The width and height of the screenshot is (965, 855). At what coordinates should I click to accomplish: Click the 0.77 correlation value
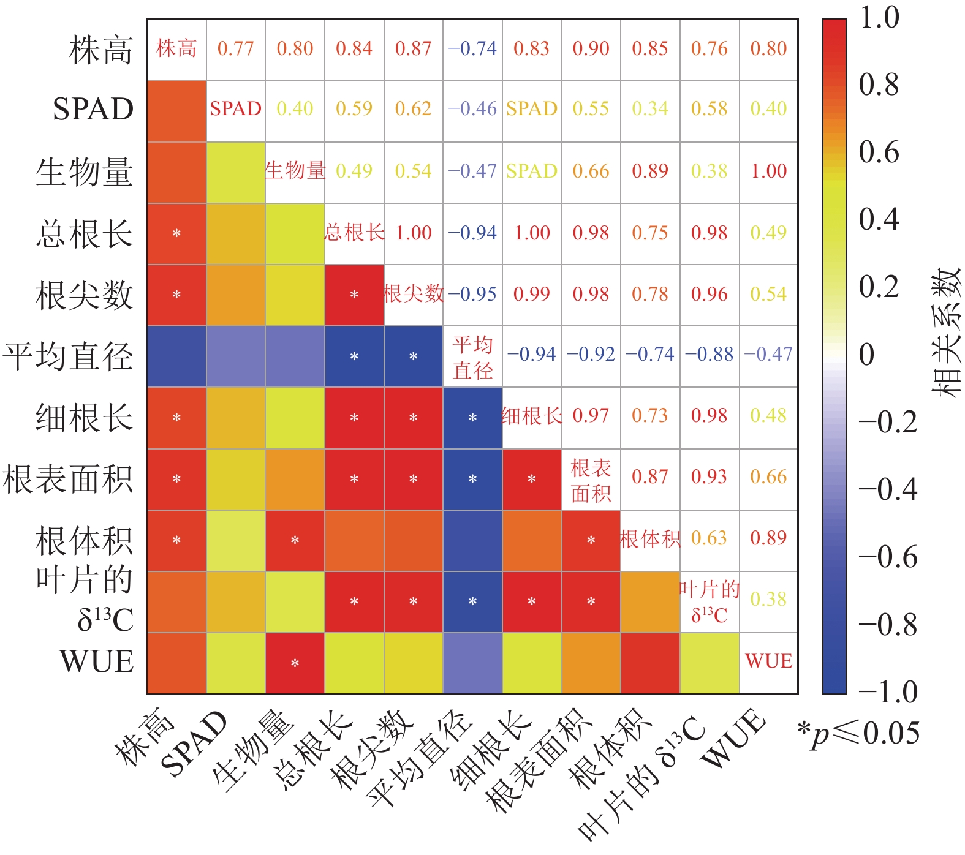tap(235, 49)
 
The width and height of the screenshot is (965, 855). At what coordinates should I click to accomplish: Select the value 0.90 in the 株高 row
tap(591, 49)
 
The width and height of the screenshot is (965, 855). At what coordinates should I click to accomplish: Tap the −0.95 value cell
tap(472, 295)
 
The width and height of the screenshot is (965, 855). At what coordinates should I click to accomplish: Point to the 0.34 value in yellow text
tap(650, 109)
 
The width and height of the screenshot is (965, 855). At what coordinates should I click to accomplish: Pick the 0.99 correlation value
tap(531, 295)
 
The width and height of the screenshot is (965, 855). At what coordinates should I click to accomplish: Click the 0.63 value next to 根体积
tap(709, 538)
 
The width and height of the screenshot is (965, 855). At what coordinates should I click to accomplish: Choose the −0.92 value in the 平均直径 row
tap(591, 355)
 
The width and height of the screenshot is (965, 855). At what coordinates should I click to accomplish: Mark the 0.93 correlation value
tap(709, 477)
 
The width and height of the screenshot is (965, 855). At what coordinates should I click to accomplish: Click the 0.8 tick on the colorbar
tap(879, 85)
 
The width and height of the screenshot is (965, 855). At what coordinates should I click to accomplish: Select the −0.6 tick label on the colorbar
tap(888, 557)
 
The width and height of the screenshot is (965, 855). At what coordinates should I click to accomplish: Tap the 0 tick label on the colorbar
tap(866, 355)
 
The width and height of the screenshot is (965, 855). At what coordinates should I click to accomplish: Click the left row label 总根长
tap(84, 234)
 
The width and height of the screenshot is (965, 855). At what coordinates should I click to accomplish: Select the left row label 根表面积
tap(67, 479)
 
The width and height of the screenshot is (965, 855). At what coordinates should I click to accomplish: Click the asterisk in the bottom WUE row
tap(295, 663)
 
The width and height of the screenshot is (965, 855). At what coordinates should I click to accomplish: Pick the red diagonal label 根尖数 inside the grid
tap(414, 295)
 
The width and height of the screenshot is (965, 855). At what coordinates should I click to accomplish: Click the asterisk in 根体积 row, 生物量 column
tap(295, 540)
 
